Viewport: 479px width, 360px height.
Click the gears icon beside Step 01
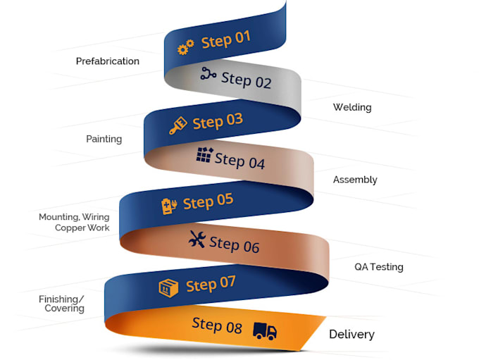[185, 48]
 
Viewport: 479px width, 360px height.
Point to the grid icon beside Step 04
[204, 155]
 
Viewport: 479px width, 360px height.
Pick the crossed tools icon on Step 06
[197, 240]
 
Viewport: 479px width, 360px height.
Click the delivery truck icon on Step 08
[265, 330]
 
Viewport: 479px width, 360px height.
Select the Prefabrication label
[108, 61]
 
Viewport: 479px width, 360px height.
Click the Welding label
[352, 108]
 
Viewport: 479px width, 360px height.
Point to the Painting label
[104, 139]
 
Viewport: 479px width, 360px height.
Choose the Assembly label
[355, 180]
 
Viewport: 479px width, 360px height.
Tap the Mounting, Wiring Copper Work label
[74, 223]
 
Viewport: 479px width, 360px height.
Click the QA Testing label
[379, 267]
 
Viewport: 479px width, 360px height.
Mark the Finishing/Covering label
[62, 304]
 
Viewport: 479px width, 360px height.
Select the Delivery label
[352, 335]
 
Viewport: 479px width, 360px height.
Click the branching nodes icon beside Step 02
[207, 73]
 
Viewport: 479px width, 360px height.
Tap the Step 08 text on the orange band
[217, 325]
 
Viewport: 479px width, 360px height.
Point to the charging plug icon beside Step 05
[168, 206]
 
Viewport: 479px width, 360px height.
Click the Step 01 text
[225, 39]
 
